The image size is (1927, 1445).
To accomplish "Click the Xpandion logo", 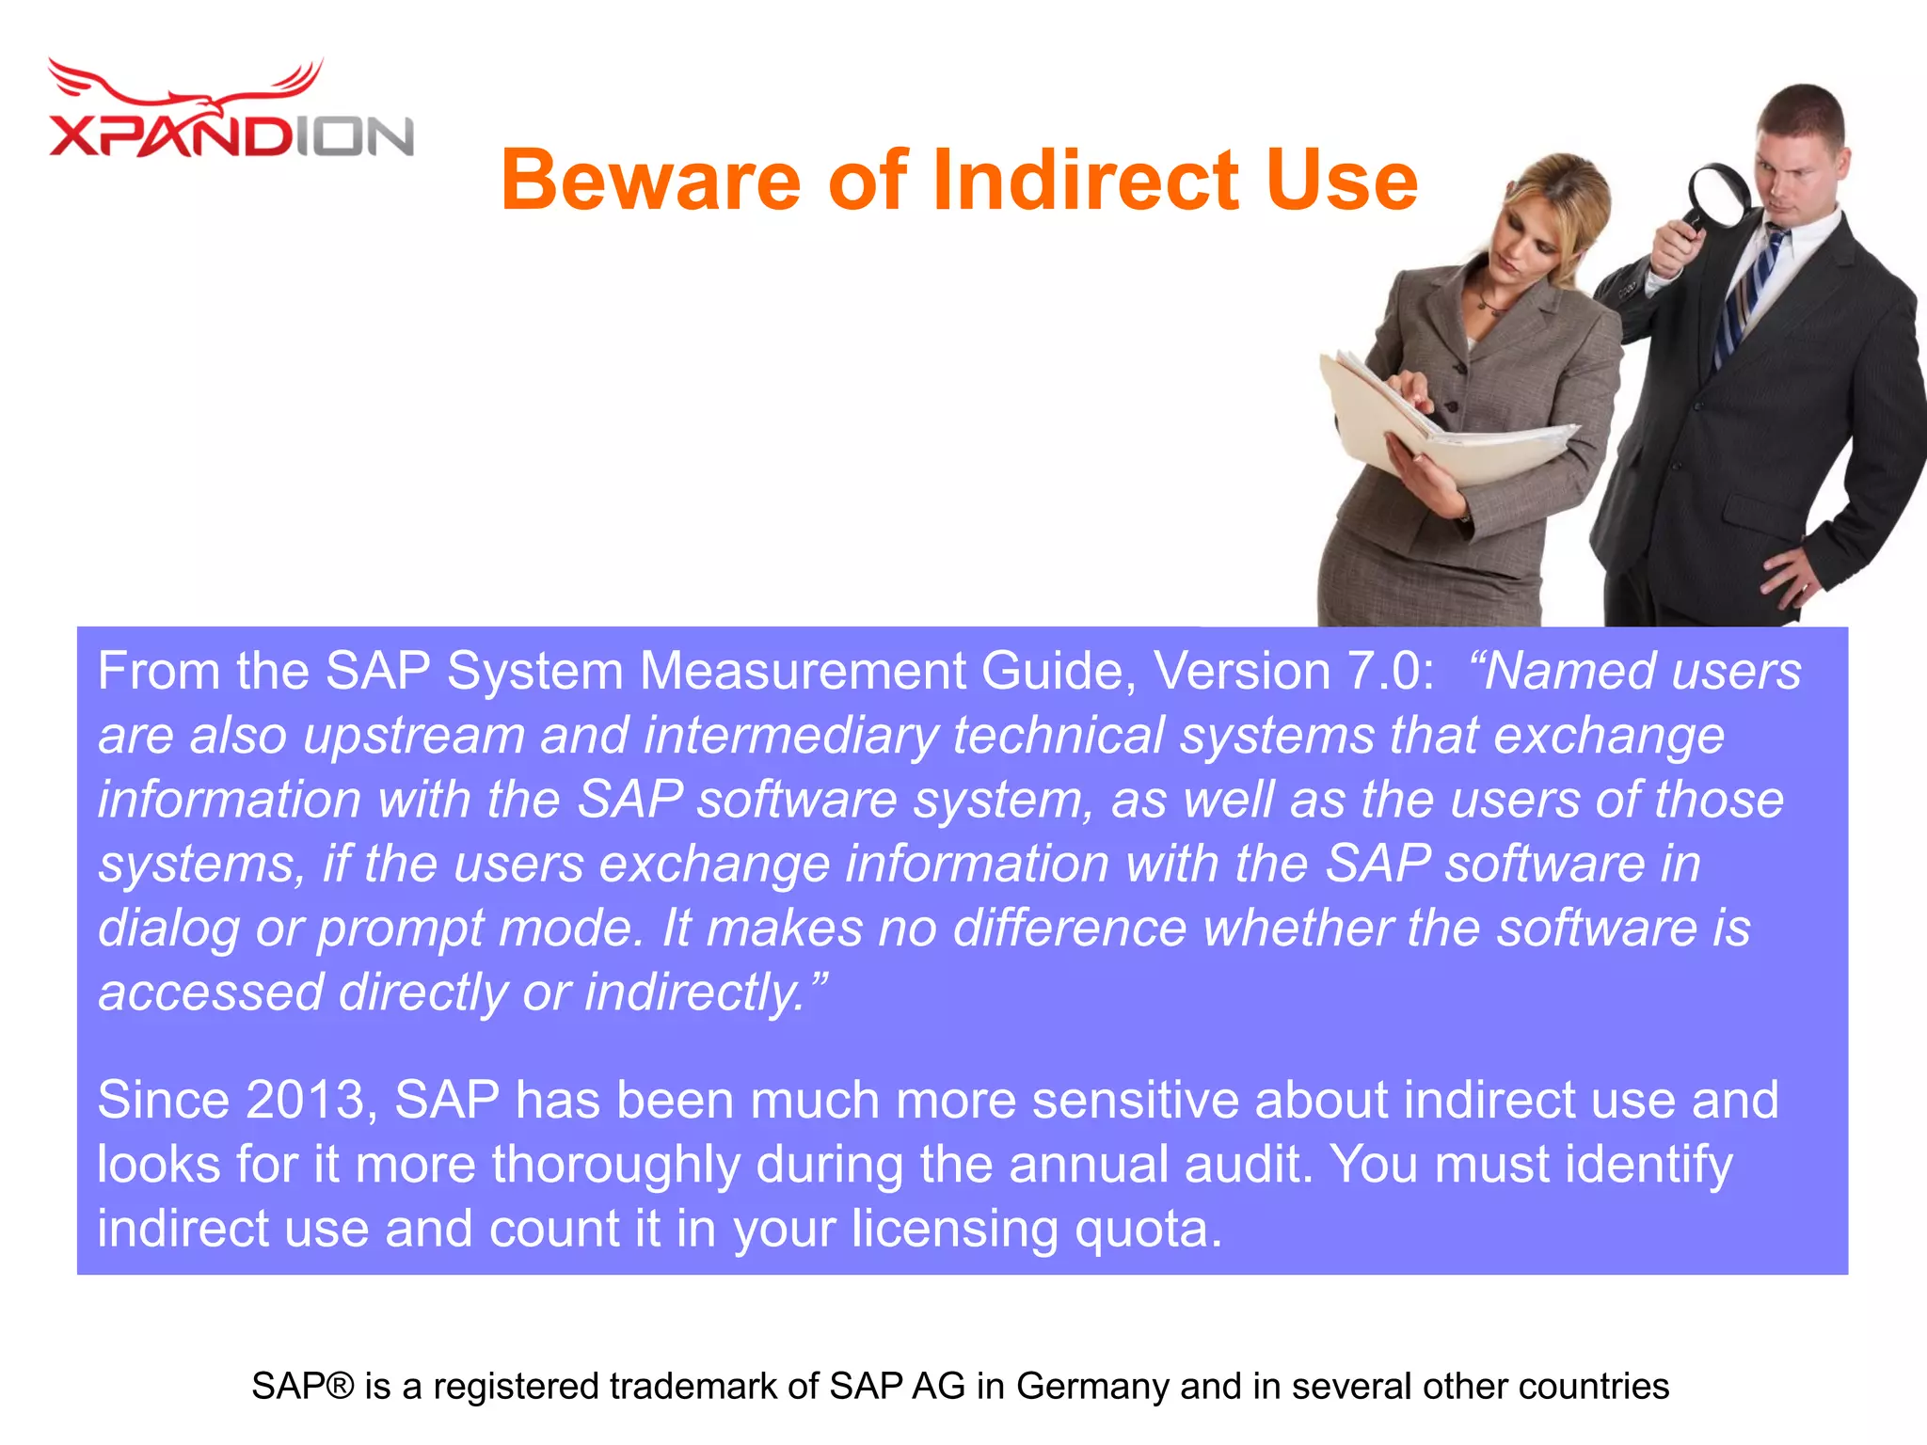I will pos(231,113).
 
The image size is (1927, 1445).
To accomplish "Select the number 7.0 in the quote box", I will pos(1391,672).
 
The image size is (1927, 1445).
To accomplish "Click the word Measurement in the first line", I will pos(803,672).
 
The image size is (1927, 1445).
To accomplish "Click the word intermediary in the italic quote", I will pos(790,736).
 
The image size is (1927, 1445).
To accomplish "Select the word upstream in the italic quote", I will pos(414,736).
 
